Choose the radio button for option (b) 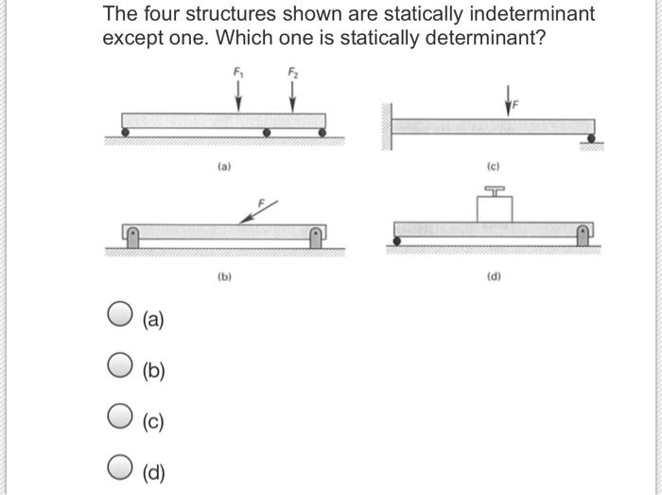coord(118,365)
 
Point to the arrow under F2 coord(292,95)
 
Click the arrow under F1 coord(237,95)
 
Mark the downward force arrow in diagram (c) coord(508,98)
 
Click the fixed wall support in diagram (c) coord(388,128)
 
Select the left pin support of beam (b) coord(133,237)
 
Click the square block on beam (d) coord(494,208)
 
